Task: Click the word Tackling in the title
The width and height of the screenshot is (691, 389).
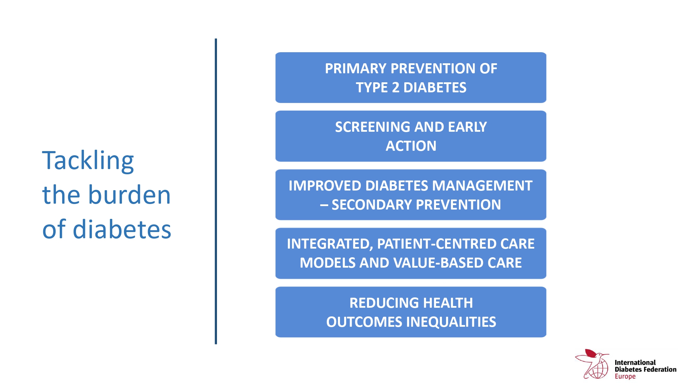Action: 88,161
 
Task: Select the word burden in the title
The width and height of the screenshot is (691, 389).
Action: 130,195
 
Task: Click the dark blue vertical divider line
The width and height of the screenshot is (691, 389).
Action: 216,191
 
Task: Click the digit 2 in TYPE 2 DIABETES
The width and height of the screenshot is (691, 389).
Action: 396,87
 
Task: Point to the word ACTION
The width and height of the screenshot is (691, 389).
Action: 411,146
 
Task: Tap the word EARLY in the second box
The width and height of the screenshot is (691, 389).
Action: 467,127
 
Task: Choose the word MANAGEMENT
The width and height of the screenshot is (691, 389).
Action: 482,186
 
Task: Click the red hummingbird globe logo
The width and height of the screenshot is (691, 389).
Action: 592,364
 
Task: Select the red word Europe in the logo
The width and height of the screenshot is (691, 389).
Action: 625,377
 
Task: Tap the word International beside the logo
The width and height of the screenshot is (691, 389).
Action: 635,362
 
